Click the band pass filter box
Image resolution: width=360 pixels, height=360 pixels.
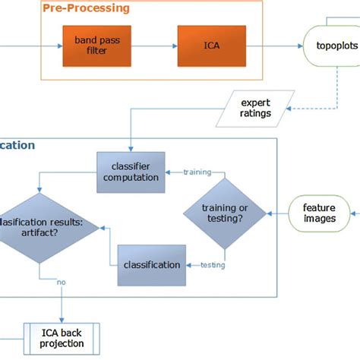point(96,44)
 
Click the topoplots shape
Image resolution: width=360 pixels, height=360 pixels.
point(333,45)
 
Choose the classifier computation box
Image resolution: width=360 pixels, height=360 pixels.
point(129,172)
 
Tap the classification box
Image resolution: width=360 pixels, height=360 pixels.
point(151,264)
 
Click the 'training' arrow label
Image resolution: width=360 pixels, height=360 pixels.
point(197,172)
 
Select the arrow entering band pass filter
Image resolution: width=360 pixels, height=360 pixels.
point(30,45)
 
